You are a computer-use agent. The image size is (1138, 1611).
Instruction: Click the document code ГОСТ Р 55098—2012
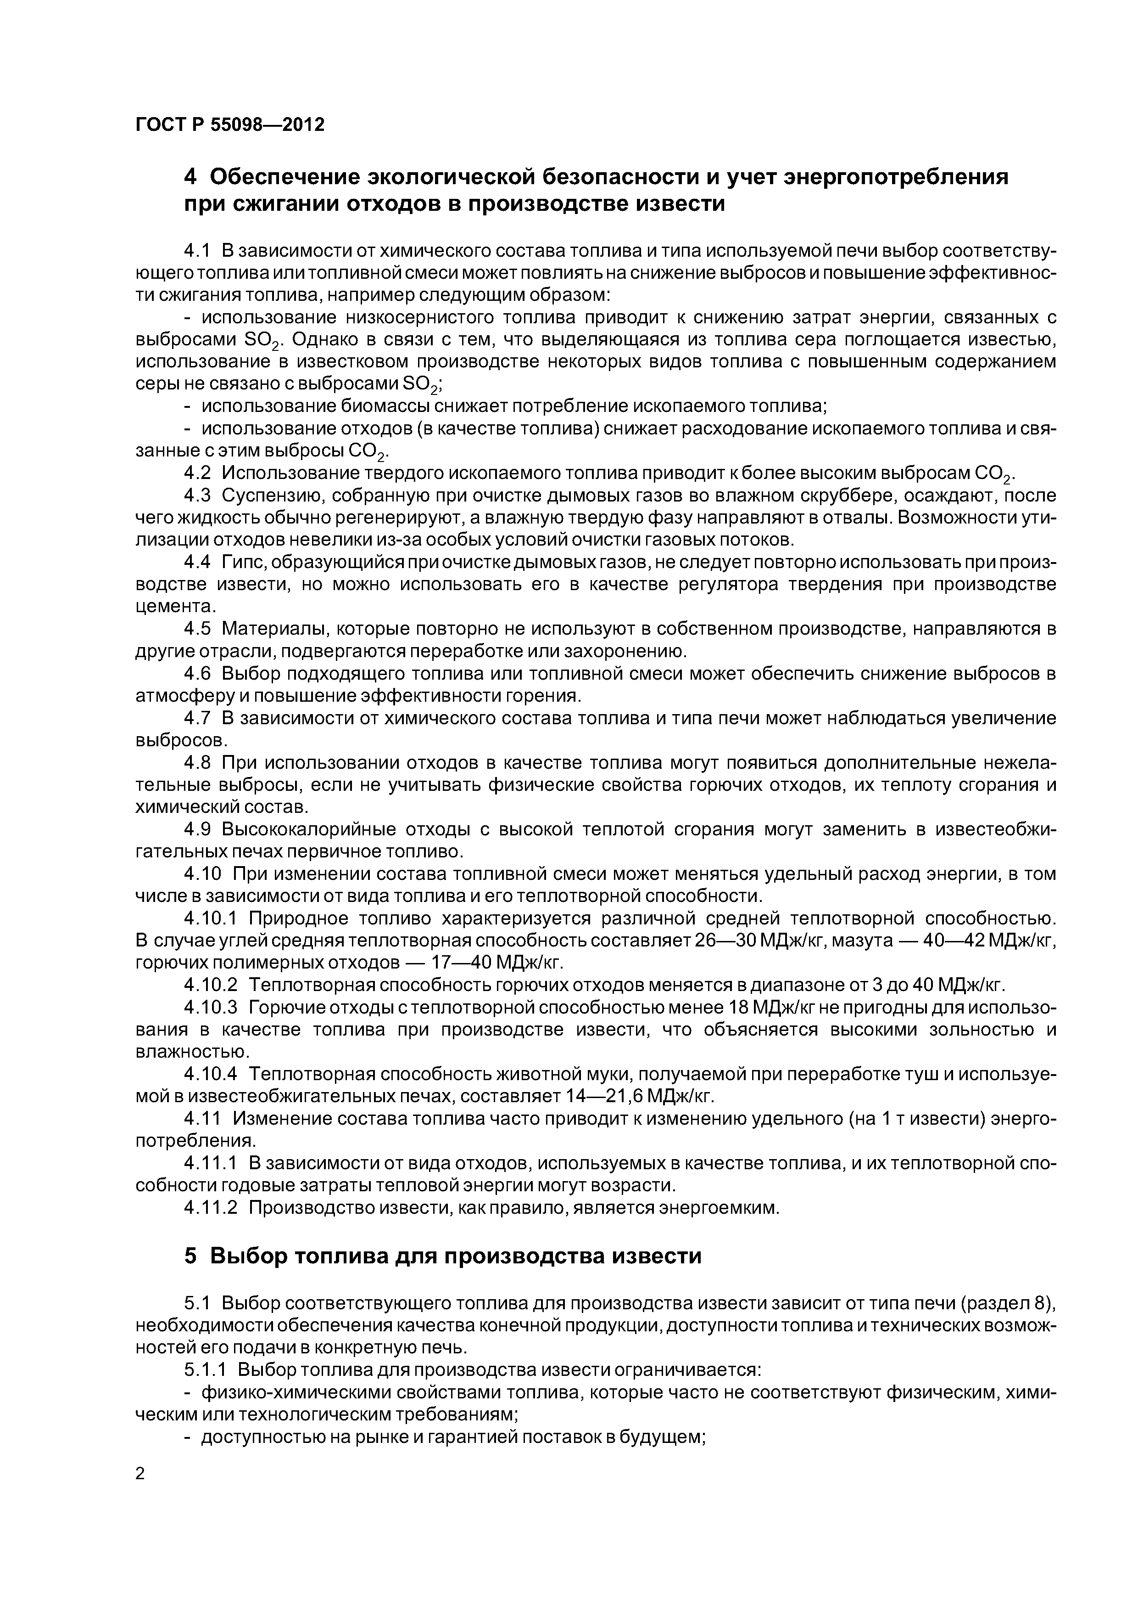(229, 125)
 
